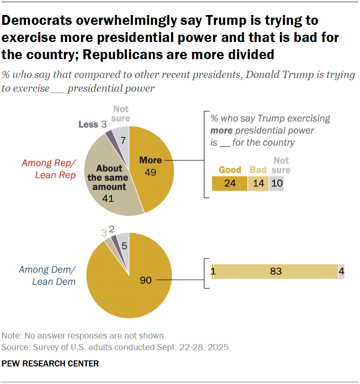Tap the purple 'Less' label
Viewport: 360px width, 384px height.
88,124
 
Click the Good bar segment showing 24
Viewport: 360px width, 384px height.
229,183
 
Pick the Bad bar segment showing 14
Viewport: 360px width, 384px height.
258,183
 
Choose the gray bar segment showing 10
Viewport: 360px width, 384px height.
276,183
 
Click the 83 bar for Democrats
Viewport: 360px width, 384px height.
275,271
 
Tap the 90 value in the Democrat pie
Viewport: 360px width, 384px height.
146,280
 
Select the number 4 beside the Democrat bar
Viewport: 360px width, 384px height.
342,271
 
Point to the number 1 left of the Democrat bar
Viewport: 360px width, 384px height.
213,271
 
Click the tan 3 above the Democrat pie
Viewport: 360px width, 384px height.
103,233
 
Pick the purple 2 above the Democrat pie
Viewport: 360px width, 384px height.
112,228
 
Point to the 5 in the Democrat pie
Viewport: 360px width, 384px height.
123,246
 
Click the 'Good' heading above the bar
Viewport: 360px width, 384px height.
230,170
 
